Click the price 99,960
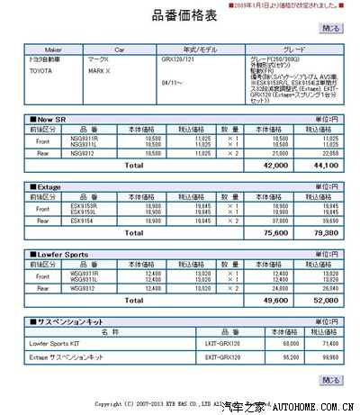321,357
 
